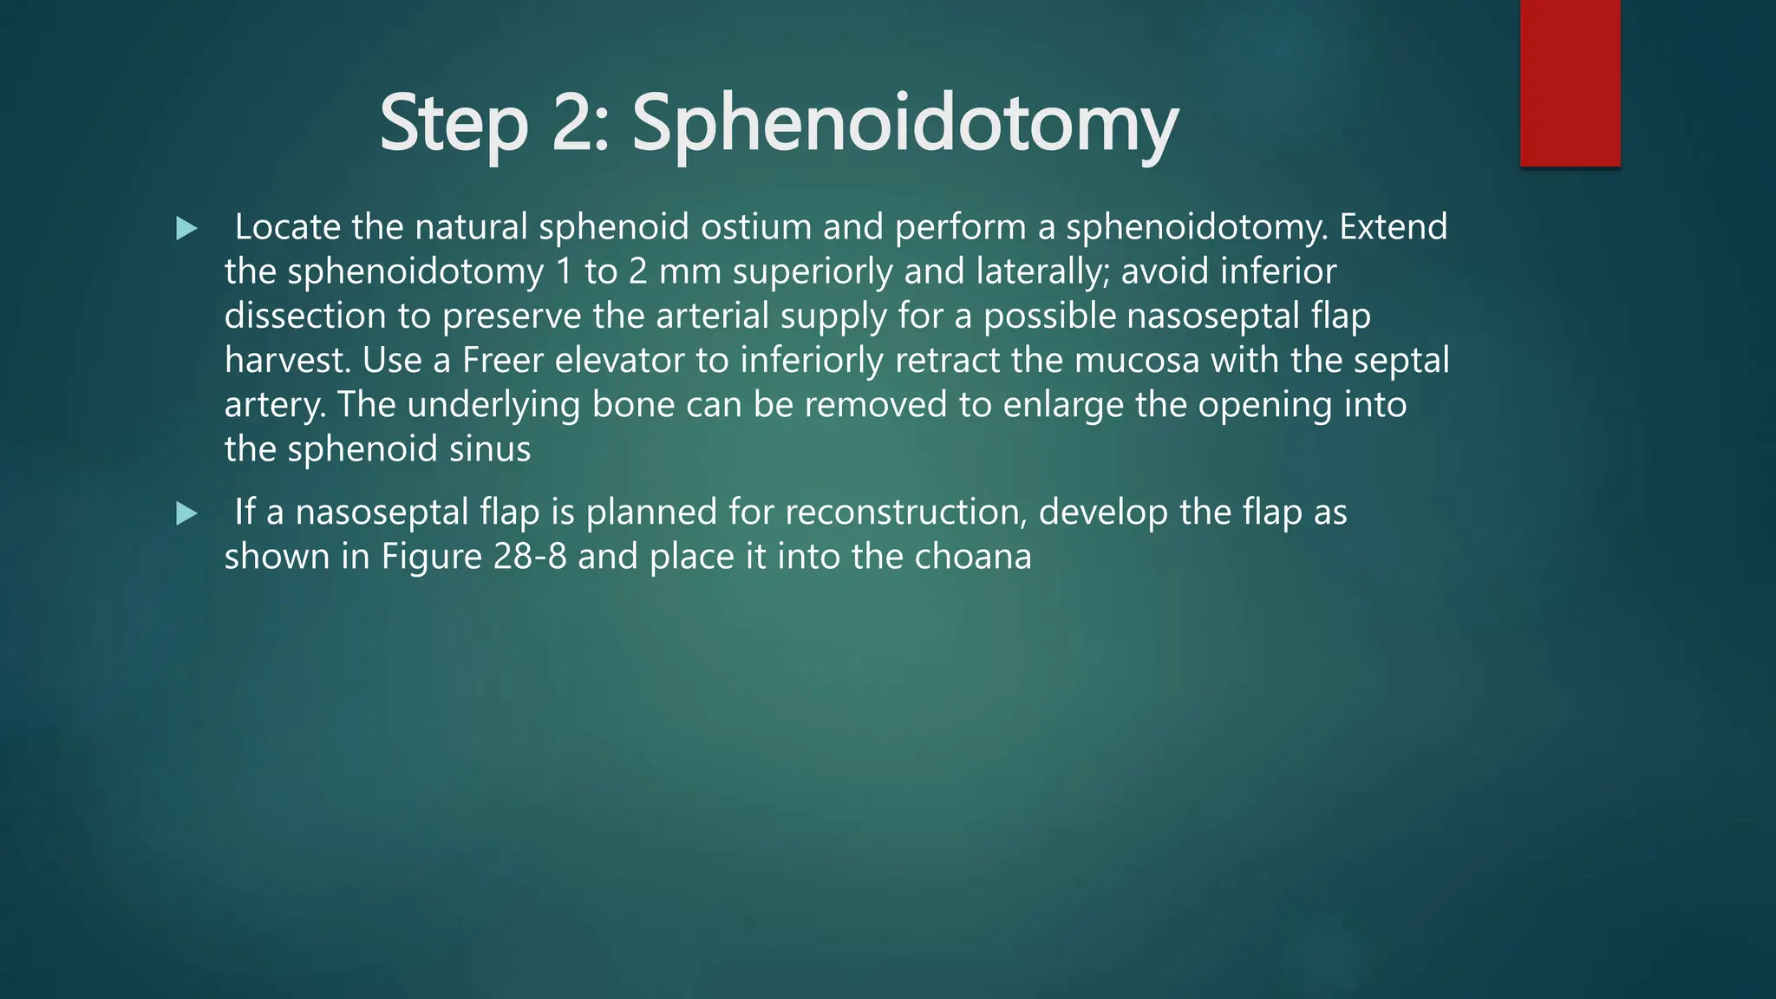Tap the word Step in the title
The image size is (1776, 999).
tap(454, 123)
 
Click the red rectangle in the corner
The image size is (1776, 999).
tap(1570, 83)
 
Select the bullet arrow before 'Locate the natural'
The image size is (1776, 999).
tap(186, 229)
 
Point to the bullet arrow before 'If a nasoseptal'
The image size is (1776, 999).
tap(186, 514)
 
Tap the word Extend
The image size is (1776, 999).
tap(1393, 227)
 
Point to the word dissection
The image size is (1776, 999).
tap(305, 317)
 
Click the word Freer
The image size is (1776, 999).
tap(502, 361)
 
